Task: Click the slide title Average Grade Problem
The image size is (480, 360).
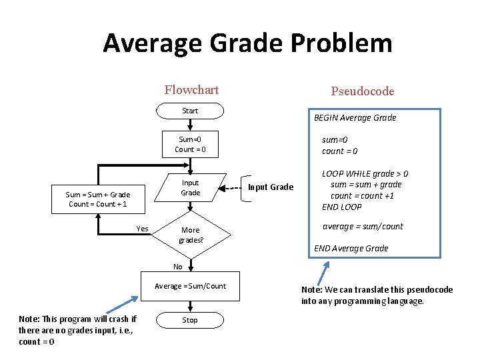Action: (x=247, y=43)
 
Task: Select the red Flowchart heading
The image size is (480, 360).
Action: (x=191, y=90)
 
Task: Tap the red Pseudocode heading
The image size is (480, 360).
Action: (x=362, y=91)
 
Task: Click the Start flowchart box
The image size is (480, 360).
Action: (x=190, y=111)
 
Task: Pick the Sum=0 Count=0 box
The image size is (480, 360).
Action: (x=190, y=144)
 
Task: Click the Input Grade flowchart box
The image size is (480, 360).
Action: (x=190, y=188)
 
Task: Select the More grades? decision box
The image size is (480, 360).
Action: (x=190, y=235)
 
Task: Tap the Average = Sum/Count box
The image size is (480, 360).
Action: (x=190, y=286)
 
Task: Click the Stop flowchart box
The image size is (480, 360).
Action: (x=190, y=320)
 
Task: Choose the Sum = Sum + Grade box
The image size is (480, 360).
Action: (x=97, y=199)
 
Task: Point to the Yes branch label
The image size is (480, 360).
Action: (x=142, y=229)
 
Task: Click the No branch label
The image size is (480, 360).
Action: (x=177, y=267)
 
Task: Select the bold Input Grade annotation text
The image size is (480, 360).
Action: (x=270, y=187)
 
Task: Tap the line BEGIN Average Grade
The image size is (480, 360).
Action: (x=355, y=118)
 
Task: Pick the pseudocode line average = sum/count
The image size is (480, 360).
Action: (x=363, y=227)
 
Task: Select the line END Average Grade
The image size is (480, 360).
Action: (x=351, y=249)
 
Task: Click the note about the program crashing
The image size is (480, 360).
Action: (x=77, y=330)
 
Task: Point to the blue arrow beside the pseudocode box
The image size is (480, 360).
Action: (x=323, y=273)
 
